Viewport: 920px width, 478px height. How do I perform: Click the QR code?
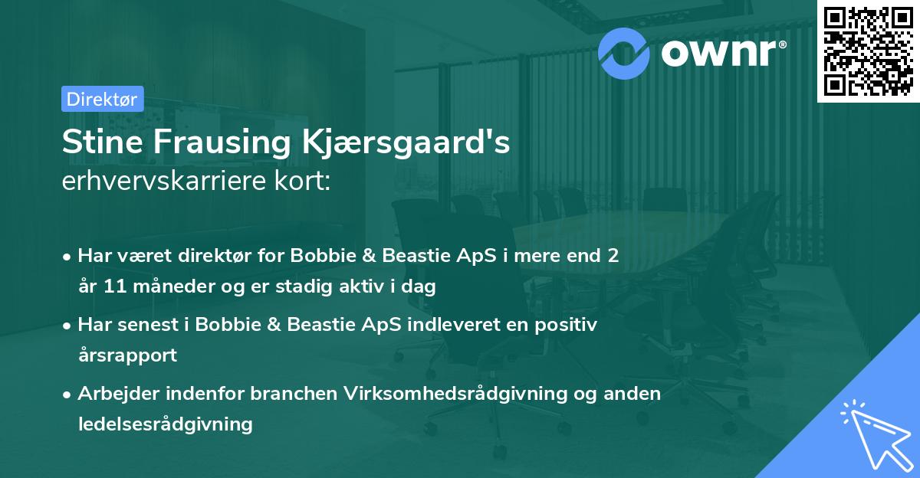click(x=868, y=51)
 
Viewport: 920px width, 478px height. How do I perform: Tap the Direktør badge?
click(x=102, y=99)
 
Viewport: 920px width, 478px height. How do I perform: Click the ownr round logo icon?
click(x=625, y=53)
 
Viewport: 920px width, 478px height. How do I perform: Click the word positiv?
click(x=570, y=325)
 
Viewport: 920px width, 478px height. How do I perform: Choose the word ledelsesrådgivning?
click(x=165, y=424)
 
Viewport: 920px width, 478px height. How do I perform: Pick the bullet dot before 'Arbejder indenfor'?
click(x=68, y=394)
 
